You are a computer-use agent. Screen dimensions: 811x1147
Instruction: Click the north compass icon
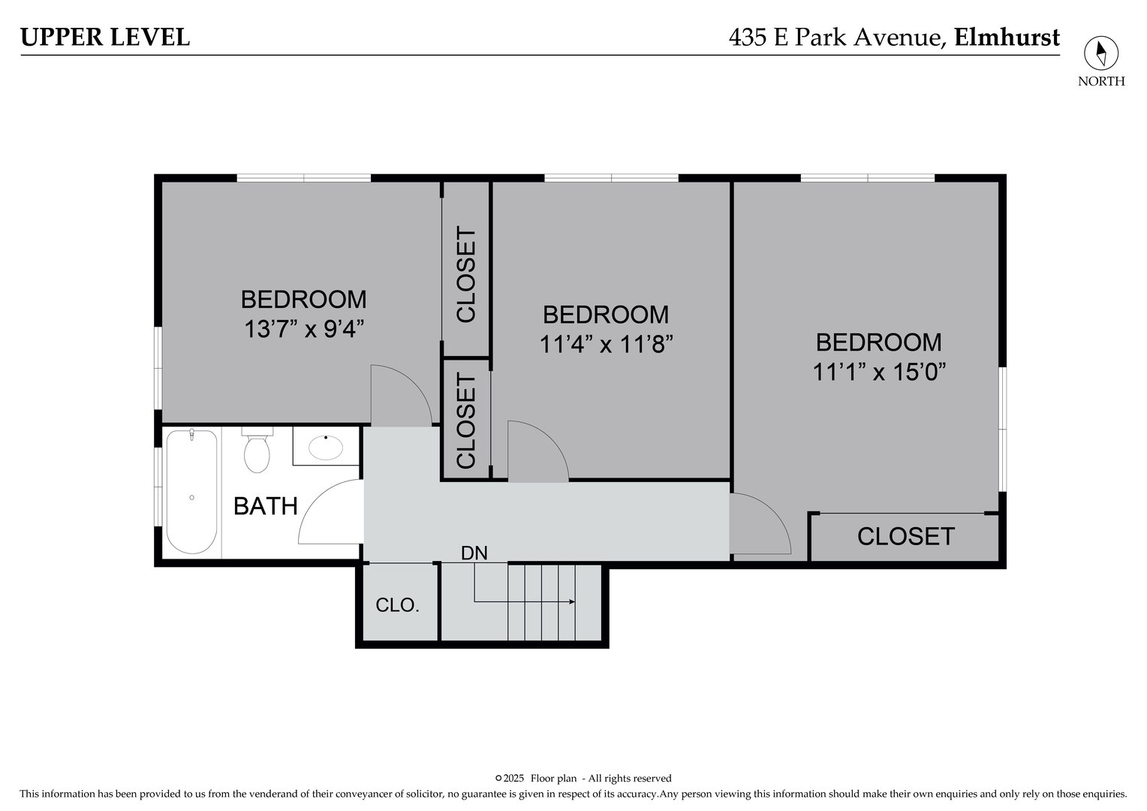1100,53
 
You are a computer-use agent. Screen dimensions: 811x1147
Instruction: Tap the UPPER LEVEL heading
105,37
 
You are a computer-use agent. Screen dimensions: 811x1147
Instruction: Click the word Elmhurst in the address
1007,37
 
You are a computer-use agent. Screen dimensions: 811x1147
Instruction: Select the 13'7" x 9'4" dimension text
304,329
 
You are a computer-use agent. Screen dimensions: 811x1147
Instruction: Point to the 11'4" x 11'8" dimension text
605,344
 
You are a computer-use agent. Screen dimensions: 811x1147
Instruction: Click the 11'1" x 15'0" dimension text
878,372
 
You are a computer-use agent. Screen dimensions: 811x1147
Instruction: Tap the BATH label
266,506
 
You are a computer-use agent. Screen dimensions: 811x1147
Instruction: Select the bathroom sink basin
326,448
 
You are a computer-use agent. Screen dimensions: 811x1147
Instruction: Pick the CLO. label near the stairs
397,604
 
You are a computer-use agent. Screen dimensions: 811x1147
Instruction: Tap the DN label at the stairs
474,553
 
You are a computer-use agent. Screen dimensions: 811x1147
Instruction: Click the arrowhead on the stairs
572,601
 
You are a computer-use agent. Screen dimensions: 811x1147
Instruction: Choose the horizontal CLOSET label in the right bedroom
905,536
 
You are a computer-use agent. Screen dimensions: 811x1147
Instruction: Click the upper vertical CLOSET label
465,276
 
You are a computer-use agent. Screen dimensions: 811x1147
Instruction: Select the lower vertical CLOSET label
465,421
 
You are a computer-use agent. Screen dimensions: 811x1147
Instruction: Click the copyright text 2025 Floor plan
583,778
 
